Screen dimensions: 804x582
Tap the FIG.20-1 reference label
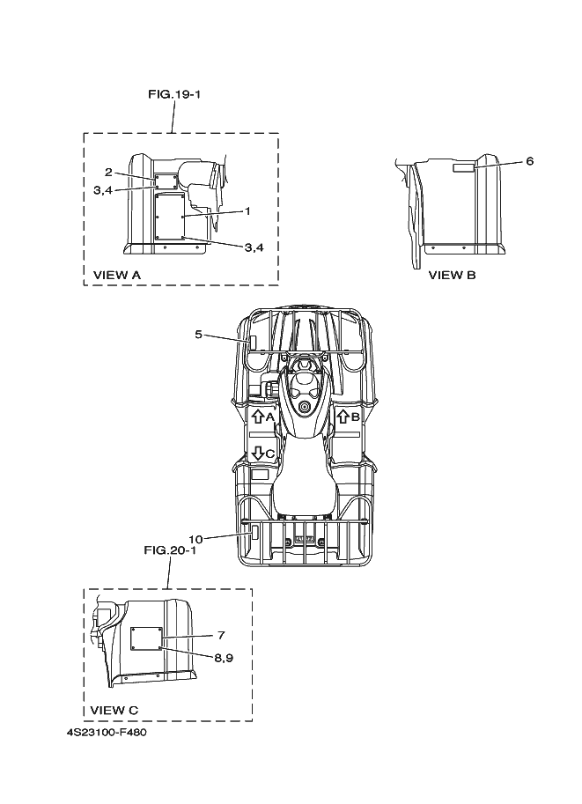[169, 550]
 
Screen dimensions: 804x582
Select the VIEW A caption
[117, 275]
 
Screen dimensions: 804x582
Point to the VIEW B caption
[452, 275]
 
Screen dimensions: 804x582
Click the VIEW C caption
[114, 710]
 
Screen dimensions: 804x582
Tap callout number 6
[529, 161]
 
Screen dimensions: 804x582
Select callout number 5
[199, 334]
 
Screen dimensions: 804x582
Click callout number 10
[195, 536]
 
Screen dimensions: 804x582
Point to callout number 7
[222, 635]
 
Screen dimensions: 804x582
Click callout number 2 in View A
[107, 172]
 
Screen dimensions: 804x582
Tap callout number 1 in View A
[247, 210]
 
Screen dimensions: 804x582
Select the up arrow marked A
[258, 417]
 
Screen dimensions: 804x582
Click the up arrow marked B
[343, 417]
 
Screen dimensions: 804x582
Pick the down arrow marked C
[258, 452]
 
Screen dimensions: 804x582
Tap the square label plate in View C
[146, 639]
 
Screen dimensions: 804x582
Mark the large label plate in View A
[167, 216]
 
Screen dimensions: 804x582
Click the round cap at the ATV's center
[305, 408]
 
